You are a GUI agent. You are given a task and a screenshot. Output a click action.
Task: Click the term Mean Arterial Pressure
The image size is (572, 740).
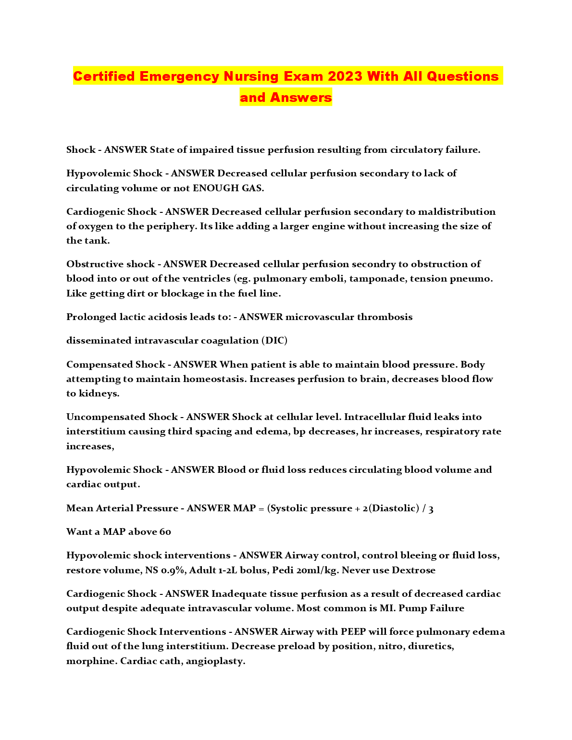tap(122, 508)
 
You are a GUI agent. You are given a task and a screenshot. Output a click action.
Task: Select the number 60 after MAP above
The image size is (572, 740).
tap(165, 532)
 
